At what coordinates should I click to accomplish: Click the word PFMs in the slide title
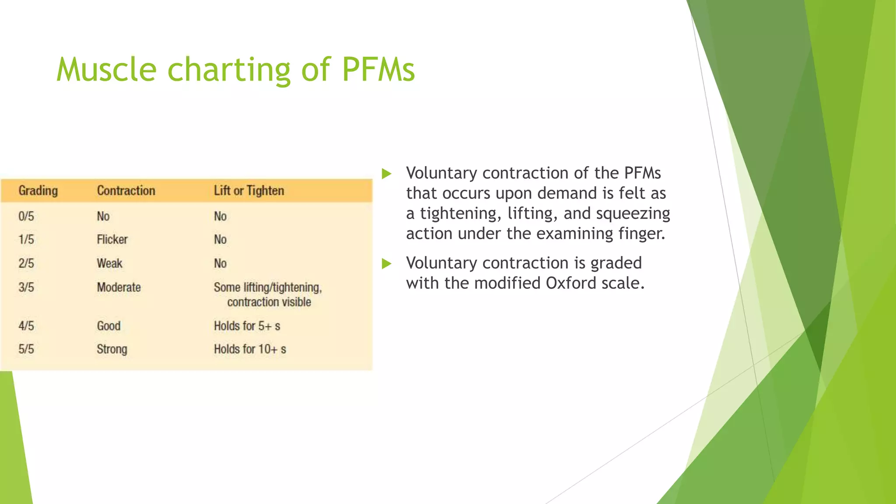pyautogui.click(x=378, y=70)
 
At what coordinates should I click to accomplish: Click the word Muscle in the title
pyautogui.click(x=106, y=70)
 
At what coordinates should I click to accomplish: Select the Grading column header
pyautogui.click(x=38, y=191)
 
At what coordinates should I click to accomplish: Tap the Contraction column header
pyautogui.click(x=126, y=191)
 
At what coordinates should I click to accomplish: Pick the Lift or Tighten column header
pyautogui.click(x=249, y=191)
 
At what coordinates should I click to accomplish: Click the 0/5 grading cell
pyautogui.click(x=26, y=216)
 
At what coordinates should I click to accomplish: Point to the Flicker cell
pyautogui.click(x=112, y=239)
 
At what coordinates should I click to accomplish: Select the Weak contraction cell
pyautogui.click(x=109, y=263)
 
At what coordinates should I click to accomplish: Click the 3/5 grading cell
pyautogui.click(x=26, y=287)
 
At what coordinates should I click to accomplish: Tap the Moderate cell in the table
pyautogui.click(x=119, y=287)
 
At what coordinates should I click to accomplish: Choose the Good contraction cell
pyautogui.click(x=108, y=326)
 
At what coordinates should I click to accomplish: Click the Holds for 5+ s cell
pyautogui.click(x=247, y=326)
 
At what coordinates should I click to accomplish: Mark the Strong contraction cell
pyautogui.click(x=112, y=349)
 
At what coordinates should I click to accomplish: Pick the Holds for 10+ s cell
pyautogui.click(x=250, y=349)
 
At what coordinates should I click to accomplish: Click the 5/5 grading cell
pyautogui.click(x=26, y=349)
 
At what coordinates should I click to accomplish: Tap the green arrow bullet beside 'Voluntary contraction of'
pyautogui.click(x=386, y=174)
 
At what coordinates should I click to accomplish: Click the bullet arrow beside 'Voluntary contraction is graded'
pyautogui.click(x=386, y=263)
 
